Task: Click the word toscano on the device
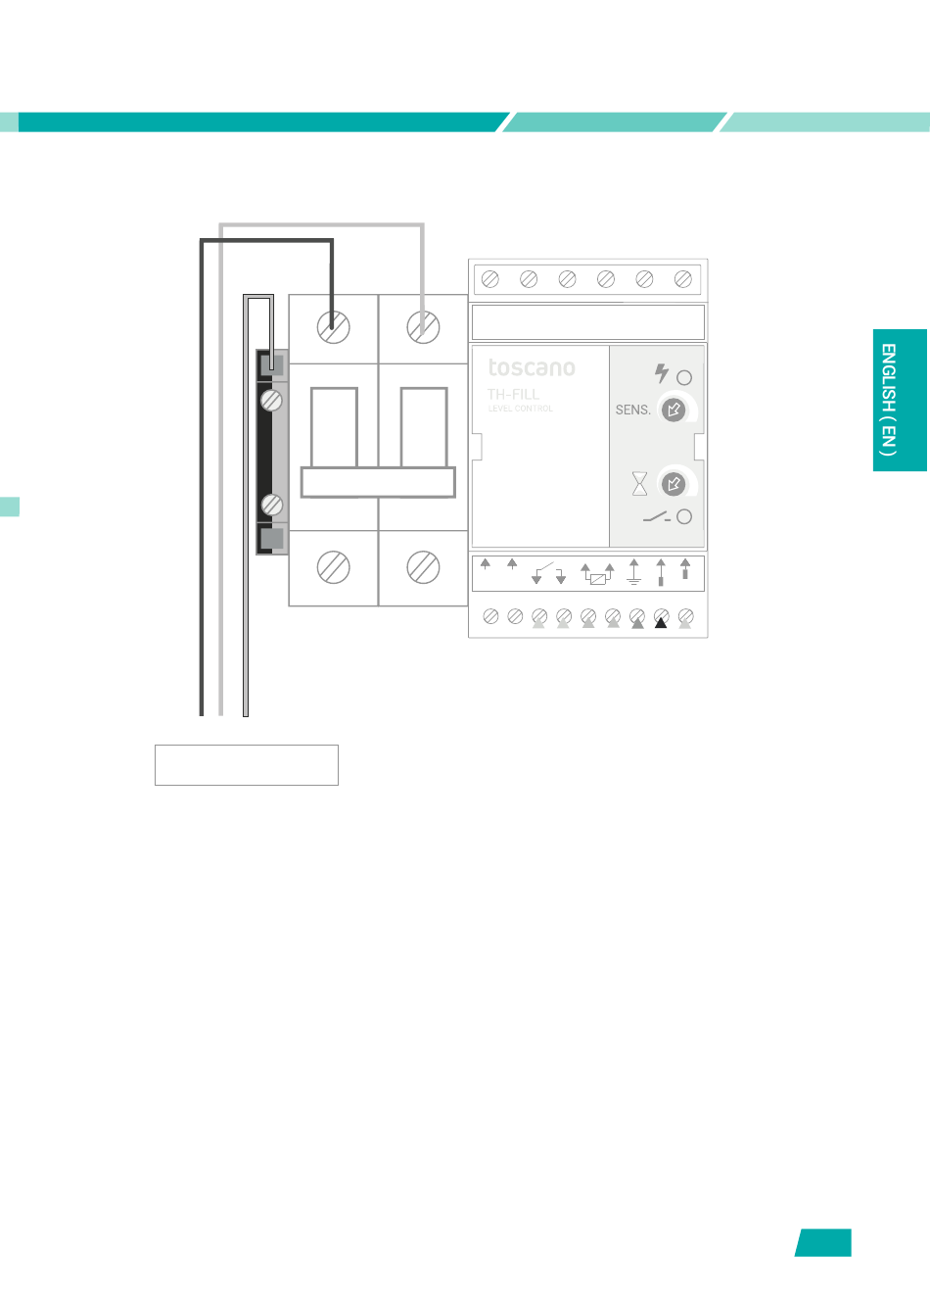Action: coord(532,368)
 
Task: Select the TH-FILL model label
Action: coord(513,394)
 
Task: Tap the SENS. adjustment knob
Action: coord(674,410)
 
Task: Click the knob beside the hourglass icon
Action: coord(674,483)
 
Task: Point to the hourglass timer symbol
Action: coord(639,483)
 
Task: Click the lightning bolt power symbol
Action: coord(662,373)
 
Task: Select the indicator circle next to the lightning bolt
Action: coord(684,377)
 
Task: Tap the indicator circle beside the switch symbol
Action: coord(684,516)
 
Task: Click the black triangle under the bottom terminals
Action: coord(661,623)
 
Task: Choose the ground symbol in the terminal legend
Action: coord(633,572)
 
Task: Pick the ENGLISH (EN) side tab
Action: coord(900,400)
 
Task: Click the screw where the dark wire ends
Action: coord(334,327)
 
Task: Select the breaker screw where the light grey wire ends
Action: coord(423,327)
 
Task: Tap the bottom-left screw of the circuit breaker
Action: coord(334,567)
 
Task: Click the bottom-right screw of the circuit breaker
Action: coord(423,567)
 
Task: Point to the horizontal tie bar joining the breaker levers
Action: coord(378,482)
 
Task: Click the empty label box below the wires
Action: coord(247,765)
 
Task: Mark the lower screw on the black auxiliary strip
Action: coord(272,505)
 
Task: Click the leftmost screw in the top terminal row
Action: coord(490,279)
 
